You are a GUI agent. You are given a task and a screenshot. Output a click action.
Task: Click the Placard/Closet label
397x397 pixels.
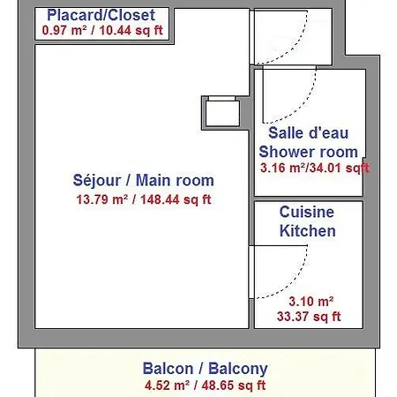pyautogui.click(x=101, y=15)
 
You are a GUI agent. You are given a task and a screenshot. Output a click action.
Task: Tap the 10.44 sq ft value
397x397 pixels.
pyautogui.click(x=131, y=30)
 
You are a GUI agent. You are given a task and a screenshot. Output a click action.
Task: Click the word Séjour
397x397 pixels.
pyautogui.click(x=97, y=180)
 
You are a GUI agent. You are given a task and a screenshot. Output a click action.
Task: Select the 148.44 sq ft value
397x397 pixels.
pyautogui.click(x=176, y=199)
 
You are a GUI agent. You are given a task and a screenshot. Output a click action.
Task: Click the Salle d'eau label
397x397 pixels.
pyautogui.click(x=309, y=132)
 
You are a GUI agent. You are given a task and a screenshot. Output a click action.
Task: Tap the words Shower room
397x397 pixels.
pyautogui.click(x=309, y=152)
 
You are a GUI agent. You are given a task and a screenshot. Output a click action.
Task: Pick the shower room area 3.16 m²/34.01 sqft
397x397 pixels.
pyautogui.click(x=315, y=168)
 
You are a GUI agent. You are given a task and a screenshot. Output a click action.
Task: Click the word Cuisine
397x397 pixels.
pyautogui.click(x=307, y=212)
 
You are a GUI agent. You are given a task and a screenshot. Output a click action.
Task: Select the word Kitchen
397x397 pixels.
pyautogui.click(x=308, y=230)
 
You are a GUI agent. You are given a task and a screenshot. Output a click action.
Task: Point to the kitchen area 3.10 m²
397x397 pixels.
pyautogui.click(x=311, y=301)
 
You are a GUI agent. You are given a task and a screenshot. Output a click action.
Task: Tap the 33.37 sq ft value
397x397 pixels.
pyautogui.click(x=309, y=317)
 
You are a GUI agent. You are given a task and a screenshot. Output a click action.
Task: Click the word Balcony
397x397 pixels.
pyautogui.click(x=238, y=369)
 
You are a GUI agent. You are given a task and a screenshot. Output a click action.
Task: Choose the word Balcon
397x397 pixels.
pyautogui.click(x=168, y=369)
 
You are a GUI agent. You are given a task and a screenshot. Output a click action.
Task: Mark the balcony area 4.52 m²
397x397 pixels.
pyautogui.click(x=167, y=386)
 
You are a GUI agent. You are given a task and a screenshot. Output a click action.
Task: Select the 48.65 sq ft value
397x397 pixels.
pyautogui.click(x=234, y=386)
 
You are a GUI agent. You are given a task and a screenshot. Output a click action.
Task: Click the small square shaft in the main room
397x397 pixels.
pyautogui.click(x=222, y=113)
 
